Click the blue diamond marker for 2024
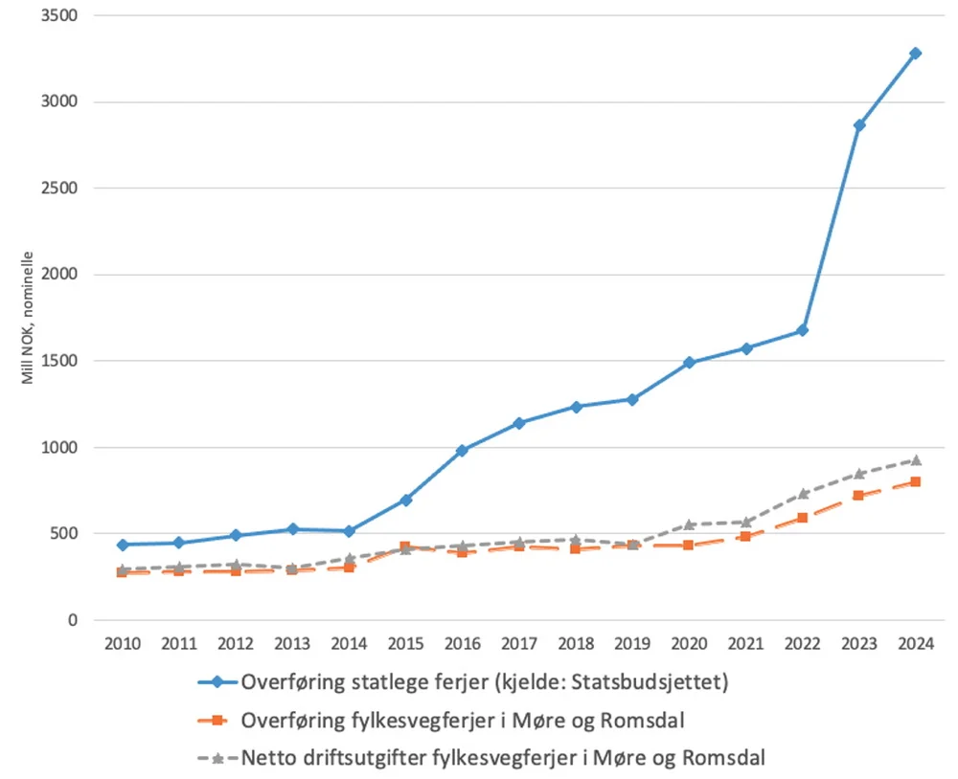[x=915, y=54]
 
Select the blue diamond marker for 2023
[x=858, y=125]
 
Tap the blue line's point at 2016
[x=462, y=450]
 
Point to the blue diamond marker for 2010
[x=123, y=545]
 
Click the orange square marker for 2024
[x=915, y=481]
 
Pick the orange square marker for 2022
[x=802, y=518]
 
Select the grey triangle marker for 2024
[x=915, y=460]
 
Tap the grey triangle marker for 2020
[x=689, y=524]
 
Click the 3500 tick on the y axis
[x=59, y=16]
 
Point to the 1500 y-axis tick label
[x=59, y=362]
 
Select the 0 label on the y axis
[x=72, y=620]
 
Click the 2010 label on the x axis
[x=123, y=643]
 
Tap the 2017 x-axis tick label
[x=518, y=643]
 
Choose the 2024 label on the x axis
[x=915, y=643]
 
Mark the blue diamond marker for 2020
[x=689, y=363]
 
